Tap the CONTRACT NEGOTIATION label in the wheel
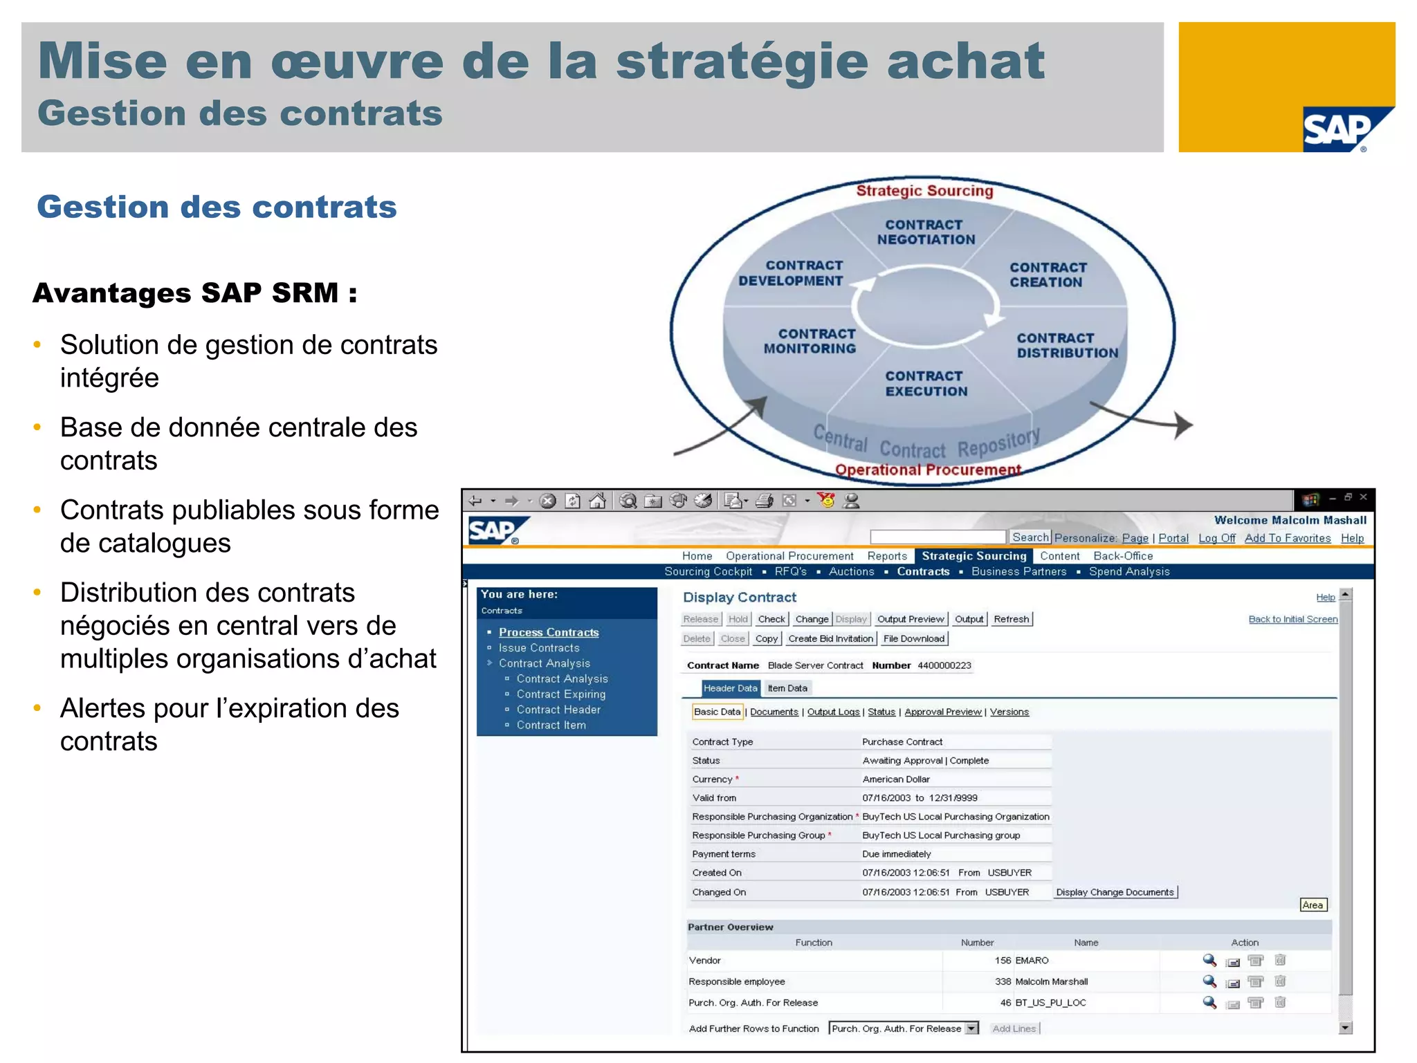[926, 232]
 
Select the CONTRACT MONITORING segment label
[810, 341]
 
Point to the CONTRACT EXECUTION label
[926, 384]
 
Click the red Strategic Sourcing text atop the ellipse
[924, 191]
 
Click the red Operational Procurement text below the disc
[928, 470]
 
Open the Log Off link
[1216, 538]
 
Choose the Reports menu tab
[887, 556]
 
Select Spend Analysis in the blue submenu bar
[1129, 572]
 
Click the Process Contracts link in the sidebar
[549, 632]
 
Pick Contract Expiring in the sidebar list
[560, 694]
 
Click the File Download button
[913, 639]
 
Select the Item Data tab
[787, 688]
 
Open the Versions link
[1009, 712]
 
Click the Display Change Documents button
[1115, 892]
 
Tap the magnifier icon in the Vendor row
[1209, 960]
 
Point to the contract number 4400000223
[944, 665]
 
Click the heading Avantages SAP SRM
[195, 293]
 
